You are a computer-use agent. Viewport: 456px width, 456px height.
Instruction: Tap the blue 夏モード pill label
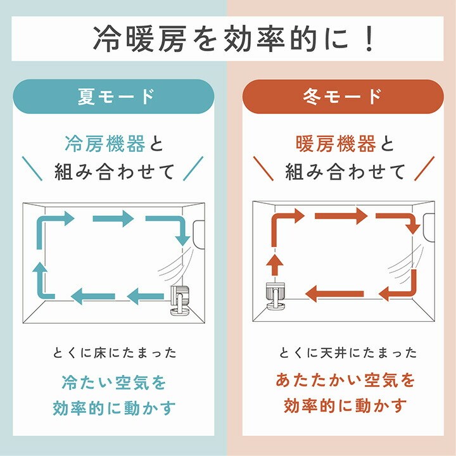pos(113,96)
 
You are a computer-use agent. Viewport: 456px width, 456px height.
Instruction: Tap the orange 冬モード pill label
pos(343,96)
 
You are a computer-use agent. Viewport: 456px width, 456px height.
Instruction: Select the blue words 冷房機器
pos(105,144)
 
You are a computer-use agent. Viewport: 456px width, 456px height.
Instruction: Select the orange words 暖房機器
pos(336,144)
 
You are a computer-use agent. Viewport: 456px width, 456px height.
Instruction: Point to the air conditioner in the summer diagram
pos(199,235)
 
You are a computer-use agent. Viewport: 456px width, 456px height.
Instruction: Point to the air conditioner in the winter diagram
pos(429,227)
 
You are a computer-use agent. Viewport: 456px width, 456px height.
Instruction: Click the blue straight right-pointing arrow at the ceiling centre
pos(113,218)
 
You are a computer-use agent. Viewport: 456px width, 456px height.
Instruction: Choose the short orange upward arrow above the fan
pos(275,265)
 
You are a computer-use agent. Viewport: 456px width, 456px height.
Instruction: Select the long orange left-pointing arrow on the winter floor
pos(335,293)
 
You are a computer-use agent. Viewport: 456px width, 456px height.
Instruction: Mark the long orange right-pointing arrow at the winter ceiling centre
pos(341,216)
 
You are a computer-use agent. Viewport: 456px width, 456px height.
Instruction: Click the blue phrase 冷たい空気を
pos(114,383)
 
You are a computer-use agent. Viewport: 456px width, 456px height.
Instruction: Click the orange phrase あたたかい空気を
pos(345,381)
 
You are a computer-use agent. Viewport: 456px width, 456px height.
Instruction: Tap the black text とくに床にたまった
pos(115,353)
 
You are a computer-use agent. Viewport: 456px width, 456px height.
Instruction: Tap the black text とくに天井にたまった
pos(348,353)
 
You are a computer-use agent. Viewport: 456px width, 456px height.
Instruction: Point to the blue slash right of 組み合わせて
pos(193,168)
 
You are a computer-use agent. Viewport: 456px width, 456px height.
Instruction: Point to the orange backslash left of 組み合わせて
pos(263,168)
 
